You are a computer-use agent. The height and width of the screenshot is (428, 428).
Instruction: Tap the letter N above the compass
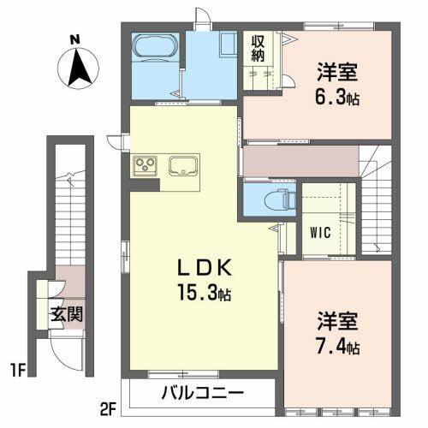click(75, 39)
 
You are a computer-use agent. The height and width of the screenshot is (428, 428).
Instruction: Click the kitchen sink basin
click(184, 164)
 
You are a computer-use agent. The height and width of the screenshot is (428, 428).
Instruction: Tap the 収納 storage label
click(258, 48)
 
